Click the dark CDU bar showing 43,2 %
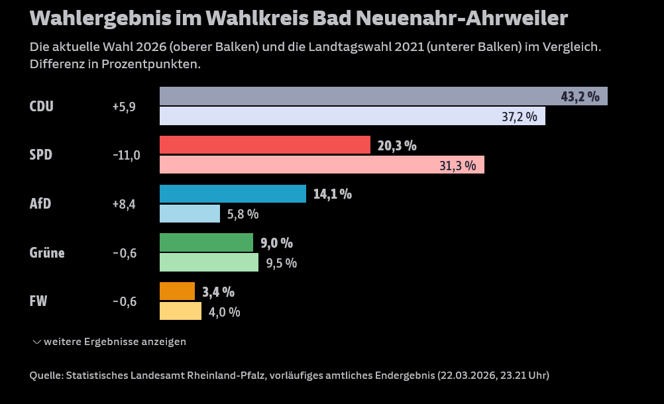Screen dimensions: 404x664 [383, 96]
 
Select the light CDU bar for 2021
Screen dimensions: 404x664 [352, 116]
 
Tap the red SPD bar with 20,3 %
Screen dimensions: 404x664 [264, 145]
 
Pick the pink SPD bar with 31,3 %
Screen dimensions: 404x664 [321, 165]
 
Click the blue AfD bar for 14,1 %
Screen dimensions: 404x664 [233, 194]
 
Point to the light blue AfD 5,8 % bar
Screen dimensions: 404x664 [190, 214]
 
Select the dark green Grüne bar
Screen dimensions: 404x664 [206, 242]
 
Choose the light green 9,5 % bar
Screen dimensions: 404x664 [209, 262]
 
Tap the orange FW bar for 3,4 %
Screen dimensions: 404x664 [177, 291]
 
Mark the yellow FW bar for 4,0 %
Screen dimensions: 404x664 [180, 311]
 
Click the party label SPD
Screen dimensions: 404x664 [41, 155]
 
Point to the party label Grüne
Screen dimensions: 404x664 [47, 252]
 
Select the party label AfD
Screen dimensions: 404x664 [40, 204]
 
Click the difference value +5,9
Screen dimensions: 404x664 [124, 107]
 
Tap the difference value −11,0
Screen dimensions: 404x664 [126, 156]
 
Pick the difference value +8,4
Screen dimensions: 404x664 [124, 204]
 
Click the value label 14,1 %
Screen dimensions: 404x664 [332, 194]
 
